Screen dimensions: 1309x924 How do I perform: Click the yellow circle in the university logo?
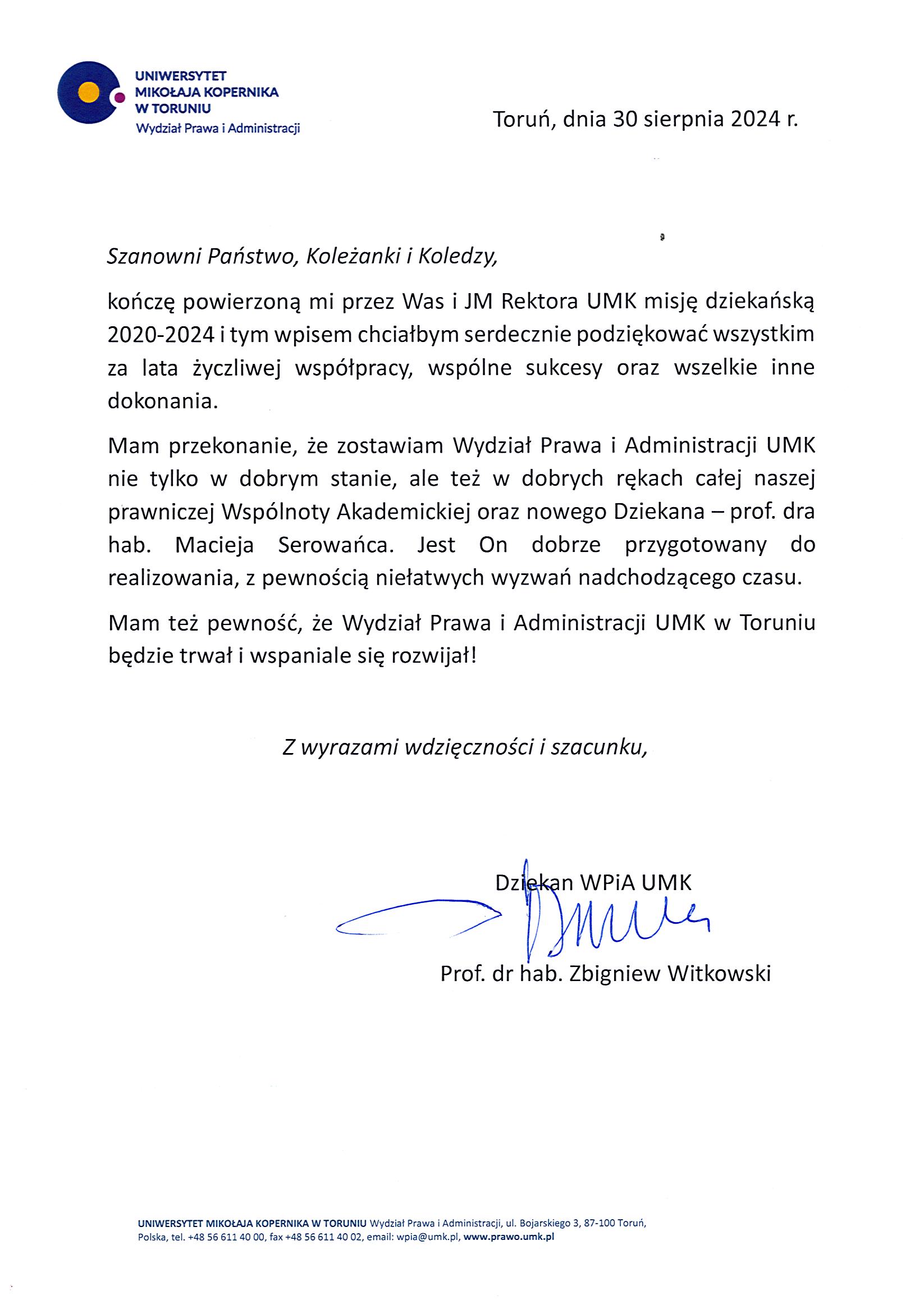coord(88,92)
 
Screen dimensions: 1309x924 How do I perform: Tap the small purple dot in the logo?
coord(119,98)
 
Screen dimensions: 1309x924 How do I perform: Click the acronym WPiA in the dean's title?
coord(607,883)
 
